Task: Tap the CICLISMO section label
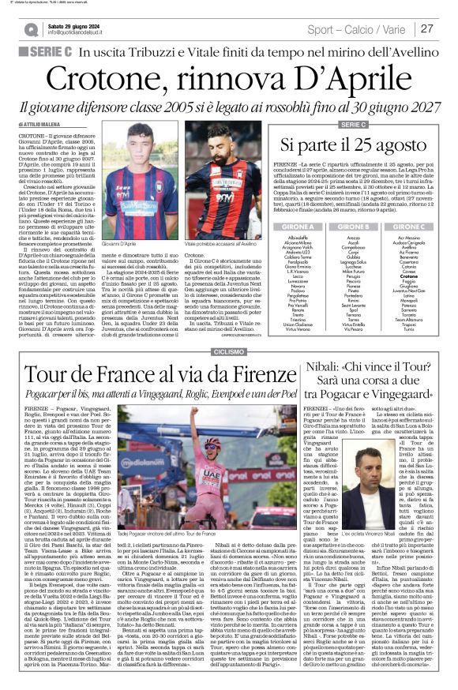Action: click(229, 350)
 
